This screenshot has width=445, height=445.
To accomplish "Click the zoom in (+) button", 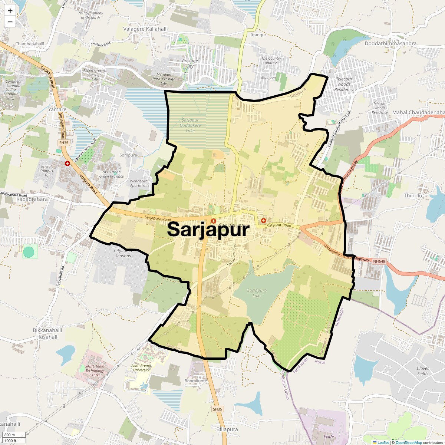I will pos(10,11).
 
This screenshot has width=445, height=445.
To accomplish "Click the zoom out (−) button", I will pos(10,22).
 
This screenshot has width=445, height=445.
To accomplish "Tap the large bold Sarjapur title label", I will pos(208,230).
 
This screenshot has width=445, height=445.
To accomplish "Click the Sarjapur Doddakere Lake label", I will pos(190,125).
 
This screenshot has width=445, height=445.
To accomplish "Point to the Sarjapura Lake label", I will pos(257,293).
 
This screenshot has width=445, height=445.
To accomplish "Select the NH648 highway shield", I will pos(379,261).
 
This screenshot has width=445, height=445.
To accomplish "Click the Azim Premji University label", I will pos(141,367).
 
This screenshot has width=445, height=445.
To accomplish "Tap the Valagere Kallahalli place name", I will pos(145,29).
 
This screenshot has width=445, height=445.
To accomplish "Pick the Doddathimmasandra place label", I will pos(390,43).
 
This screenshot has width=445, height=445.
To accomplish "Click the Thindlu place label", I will pos(413,195).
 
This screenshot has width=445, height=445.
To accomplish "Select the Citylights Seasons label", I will pos(123,253).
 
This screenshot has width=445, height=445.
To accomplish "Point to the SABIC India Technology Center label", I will pos(95,370).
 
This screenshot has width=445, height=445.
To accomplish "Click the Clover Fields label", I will pos(423,371).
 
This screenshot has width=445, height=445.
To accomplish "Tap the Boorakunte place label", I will pos(196,381).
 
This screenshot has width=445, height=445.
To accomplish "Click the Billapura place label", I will pos(227,429).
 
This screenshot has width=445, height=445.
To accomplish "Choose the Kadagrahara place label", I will pos(32,199).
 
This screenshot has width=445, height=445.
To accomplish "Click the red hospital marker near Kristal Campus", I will pos(67,164).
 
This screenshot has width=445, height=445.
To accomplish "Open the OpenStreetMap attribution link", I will pos(409,442).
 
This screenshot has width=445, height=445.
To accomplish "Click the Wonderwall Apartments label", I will pos(139,183).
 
